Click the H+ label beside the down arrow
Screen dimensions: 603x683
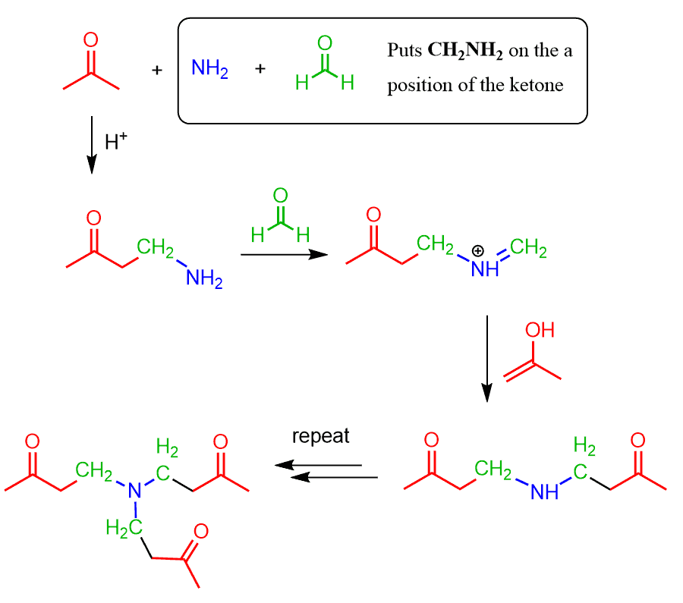click(x=115, y=142)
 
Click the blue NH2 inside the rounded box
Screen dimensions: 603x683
click(x=209, y=69)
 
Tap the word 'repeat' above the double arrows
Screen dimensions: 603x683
click(x=321, y=437)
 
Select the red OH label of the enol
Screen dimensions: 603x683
click(x=540, y=330)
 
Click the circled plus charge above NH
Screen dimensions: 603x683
click(x=479, y=251)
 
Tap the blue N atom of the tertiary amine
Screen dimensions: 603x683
click(x=136, y=492)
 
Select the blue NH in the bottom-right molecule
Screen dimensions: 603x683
click(x=545, y=493)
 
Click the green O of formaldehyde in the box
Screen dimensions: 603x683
click(x=325, y=43)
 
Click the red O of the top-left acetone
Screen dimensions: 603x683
click(x=90, y=39)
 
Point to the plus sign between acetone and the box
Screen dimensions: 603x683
click(x=157, y=70)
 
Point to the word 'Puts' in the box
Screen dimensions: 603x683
click(x=404, y=52)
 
